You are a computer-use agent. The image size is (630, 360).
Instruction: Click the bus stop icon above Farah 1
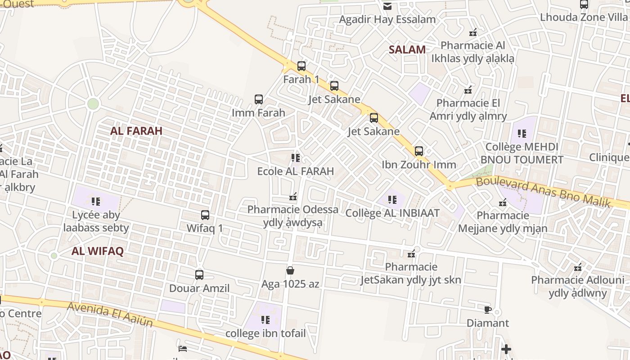tap(301, 66)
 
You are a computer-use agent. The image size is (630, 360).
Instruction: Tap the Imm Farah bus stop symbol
tap(259, 99)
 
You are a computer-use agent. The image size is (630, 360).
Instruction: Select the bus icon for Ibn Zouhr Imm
tap(419, 151)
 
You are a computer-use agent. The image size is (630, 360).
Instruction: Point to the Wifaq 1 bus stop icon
tap(205, 215)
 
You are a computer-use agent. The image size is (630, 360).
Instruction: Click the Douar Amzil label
tap(199, 288)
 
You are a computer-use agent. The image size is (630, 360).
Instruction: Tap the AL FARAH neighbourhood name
tap(136, 131)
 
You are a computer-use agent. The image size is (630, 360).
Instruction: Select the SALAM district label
tap(407, 50)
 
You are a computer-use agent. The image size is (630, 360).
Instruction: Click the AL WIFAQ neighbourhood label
tap(97, 252)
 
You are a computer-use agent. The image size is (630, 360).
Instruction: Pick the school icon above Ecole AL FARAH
tap(296, 158)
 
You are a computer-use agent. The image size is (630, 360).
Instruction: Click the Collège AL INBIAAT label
tap(392, 213)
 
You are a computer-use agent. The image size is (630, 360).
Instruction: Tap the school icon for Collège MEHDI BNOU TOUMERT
tap(522, 134)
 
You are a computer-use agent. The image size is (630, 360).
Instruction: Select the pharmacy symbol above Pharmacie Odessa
tap(293, 197)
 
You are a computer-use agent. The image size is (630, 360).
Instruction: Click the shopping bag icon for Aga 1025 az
tap(290, 270)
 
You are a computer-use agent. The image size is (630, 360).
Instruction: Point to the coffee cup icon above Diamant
tap(487, 310)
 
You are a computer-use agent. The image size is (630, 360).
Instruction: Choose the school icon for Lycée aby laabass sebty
tap(95, 202)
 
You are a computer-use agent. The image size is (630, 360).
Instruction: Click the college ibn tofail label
tap(265, 333)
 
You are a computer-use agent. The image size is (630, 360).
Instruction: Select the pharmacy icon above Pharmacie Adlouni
tap(578, 267)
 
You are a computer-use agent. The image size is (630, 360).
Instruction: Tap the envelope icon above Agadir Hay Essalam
tap(387, 6)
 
